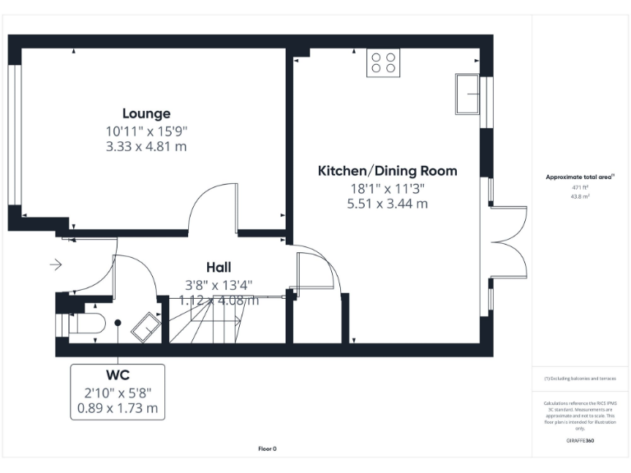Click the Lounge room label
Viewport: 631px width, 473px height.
(146, 114)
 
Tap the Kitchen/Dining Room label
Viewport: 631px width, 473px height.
(387, 171)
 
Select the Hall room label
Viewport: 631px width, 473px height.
(219, 267)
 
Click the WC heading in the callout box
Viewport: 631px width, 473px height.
(117, 377)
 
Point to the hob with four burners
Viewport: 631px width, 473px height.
(382, 62)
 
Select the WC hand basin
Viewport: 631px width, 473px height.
(147, 325)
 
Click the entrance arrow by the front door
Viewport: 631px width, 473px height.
(56, 264)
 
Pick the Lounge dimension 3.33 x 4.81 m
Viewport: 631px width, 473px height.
(146, 146)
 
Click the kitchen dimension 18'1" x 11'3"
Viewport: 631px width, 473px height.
(387, 188)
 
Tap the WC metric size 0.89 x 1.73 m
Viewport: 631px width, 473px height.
(117, 407)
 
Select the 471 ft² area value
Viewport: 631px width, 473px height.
(581, 187)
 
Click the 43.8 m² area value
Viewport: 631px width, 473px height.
(581, 196)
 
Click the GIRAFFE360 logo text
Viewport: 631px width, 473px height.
(580, 441)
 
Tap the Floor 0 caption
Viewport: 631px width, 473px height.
(267, 448)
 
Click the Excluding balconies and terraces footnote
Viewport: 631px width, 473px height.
(580, 379)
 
